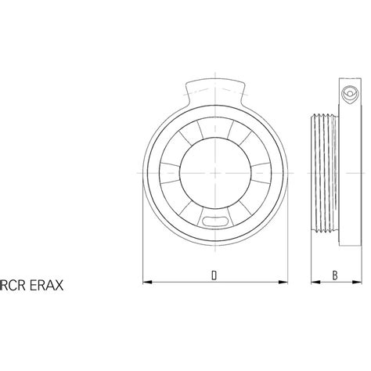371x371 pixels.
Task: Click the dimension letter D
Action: coord(214,275)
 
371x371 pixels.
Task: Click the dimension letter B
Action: coord(334,275)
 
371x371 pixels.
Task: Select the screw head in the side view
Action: coord(349,95)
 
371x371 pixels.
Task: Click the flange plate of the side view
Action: coord(348,168)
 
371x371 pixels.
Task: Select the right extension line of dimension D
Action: coord(285,250)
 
